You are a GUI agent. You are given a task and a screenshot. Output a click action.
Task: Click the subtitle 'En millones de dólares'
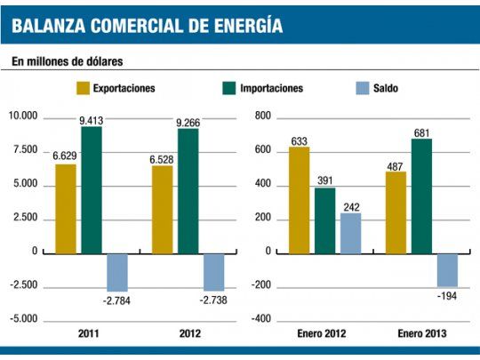coord(67,62)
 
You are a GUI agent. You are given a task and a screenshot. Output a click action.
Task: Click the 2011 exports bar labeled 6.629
coord(66,209)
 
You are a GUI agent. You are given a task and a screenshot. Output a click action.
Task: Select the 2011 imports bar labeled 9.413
coord(92,190)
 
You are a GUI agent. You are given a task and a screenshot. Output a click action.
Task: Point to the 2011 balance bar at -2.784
coord(117,272)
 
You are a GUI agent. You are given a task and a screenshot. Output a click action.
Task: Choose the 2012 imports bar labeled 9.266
coord(188,191)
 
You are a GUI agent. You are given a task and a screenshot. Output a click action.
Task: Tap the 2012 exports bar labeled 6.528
coord(163,210)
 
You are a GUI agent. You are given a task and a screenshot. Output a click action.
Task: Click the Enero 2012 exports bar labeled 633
coord(299,200)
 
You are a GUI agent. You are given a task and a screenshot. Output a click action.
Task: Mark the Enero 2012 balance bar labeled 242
coord(350,233)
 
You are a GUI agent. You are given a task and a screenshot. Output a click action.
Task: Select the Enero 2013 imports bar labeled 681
coord(421,196)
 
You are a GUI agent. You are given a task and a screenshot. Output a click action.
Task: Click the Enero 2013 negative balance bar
coord(447,269)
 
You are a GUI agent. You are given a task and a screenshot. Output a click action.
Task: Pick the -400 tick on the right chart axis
coord(260,318)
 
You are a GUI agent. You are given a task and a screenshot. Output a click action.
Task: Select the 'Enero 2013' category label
coord(421,333)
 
